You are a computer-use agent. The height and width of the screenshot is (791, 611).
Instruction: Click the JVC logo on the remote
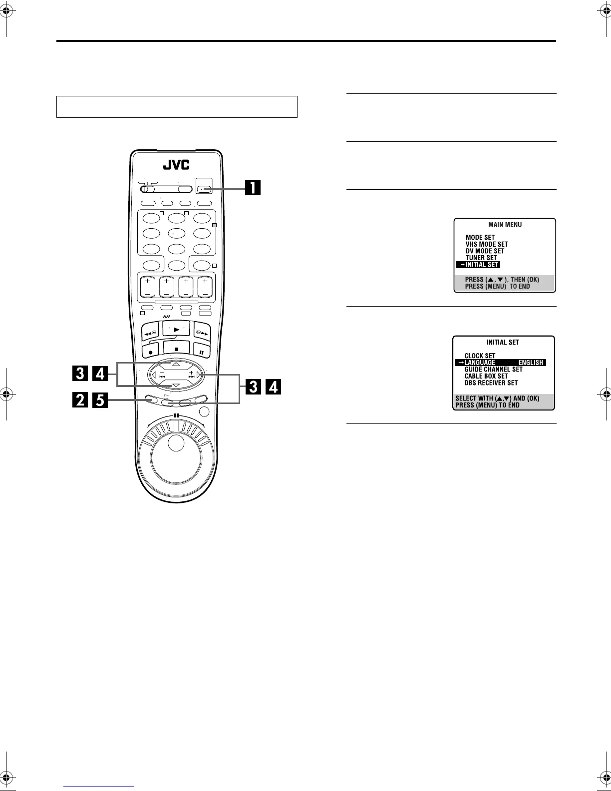[x=177, y=165]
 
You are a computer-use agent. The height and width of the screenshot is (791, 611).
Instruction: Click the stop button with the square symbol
[x=176, y=349]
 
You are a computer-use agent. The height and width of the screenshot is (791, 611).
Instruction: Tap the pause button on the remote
[x=202, y=352]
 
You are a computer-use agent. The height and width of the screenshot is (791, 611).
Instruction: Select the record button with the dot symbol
[x=150, y=352]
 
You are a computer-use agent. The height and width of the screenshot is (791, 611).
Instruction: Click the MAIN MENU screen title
[x=505, y=225]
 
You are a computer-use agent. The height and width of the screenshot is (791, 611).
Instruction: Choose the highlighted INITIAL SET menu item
[x=479, y=265]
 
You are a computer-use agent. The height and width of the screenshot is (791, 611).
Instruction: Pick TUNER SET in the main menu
[x=481, y=258]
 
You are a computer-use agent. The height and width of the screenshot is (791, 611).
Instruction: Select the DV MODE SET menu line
[x=485, y=251]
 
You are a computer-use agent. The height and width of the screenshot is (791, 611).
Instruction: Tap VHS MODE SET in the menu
[x=487, y=244]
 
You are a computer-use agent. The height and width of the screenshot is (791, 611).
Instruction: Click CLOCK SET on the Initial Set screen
[x=480, y=356]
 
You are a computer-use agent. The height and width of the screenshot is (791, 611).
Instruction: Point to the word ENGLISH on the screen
[x=531, y=363]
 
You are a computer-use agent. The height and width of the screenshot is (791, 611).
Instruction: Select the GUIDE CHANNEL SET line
[x=493, y=370]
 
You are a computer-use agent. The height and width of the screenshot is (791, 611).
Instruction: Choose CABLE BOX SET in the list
[x=486, y=376]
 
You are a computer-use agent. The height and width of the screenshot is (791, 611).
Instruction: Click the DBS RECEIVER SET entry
[x=491, y=383]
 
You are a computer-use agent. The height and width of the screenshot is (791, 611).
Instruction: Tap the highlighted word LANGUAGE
[x=480, y=363]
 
